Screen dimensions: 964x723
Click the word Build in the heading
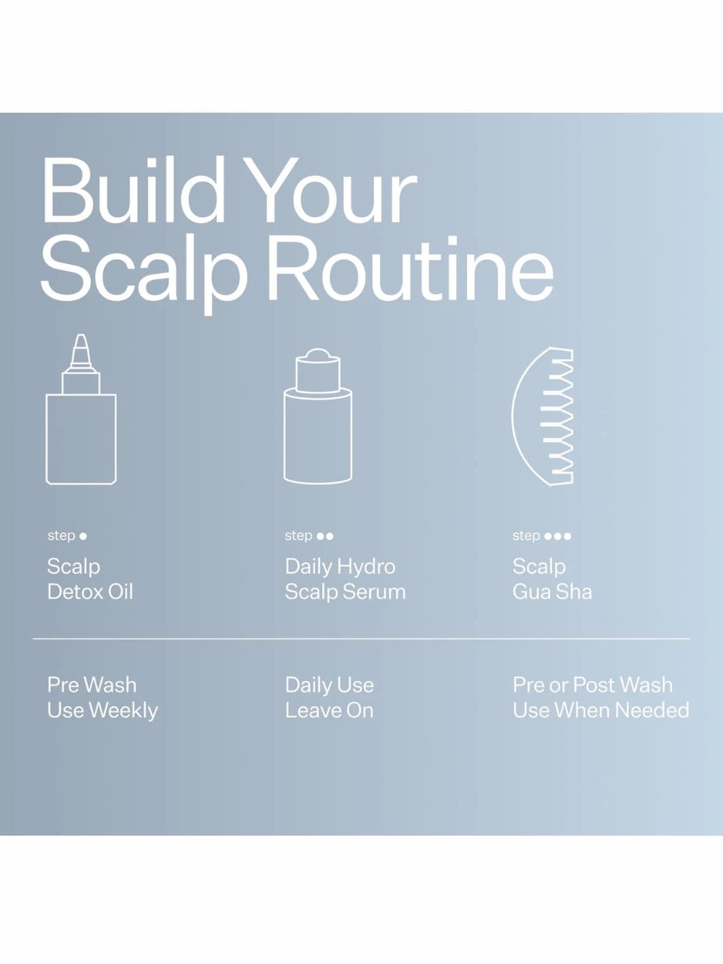click(x=132, y=191)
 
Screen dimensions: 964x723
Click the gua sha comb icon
click(x=543, y=415)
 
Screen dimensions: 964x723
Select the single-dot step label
click(x=67, y=536)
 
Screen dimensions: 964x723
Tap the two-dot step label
click(x=309, y=536)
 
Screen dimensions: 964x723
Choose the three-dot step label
click(x=541, y=536)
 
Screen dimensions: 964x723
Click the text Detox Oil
click(x=90, y=592)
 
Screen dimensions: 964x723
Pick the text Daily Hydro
click(x=339, y=566)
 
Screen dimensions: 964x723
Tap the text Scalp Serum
click(x=345, y=592)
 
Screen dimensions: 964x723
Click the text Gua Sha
click(x=552, y=592)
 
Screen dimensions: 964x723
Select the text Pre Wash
click(x=92, y=685)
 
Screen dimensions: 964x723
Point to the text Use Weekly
click(x=102, y=711)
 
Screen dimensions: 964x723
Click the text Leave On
click(x=329, y=711)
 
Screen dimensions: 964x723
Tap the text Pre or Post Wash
click(x=592, y=685)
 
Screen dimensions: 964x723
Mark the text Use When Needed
click(x=600, y=711)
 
